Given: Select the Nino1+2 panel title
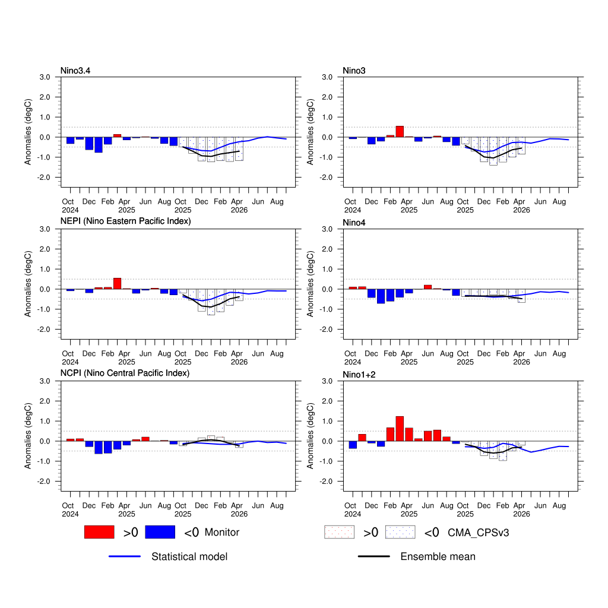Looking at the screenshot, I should point(359,375).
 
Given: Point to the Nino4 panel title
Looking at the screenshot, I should point(354,223).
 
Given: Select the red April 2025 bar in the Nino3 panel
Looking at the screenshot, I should point(400,132).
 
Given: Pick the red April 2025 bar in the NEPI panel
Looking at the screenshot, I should point(117,283).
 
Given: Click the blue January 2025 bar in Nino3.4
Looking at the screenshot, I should point(99,145).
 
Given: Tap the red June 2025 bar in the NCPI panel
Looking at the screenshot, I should point(145,439).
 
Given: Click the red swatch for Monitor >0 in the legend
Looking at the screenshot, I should point(99,532).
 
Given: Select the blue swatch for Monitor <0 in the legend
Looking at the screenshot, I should point(160,532).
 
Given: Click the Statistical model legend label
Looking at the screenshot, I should point(189,557).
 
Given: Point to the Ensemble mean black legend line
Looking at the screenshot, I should point(374,556).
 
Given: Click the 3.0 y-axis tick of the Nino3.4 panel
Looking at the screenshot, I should point(44,77).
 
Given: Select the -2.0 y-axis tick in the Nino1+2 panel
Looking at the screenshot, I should point(325,482).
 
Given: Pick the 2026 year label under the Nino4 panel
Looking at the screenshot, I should point(521,362).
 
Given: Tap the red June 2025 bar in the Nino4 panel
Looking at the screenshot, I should point(428,287).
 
